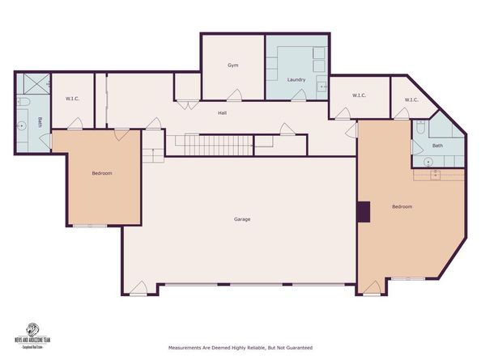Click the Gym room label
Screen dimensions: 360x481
[x=232, y=65]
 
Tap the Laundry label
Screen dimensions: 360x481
[x=296, y=78]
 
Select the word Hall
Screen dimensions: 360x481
[x=222, y=112]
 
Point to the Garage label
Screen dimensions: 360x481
[x=241, y=219]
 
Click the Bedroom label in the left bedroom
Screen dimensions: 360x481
[x=101, y=173]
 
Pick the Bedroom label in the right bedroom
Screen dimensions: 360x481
[x=402, y=206]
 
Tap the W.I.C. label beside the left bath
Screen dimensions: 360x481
[x=71, y=99]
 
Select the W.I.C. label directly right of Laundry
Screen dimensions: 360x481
[x=360, y=95]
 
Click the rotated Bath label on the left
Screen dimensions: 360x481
[x=40, y=122]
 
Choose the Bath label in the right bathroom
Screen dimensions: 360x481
[x=437, y=146]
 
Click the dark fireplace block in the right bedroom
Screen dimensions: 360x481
[x=364, y=211]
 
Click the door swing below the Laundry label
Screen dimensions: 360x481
[x=298, y=96]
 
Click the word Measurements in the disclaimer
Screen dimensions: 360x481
[x=186, y=348]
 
